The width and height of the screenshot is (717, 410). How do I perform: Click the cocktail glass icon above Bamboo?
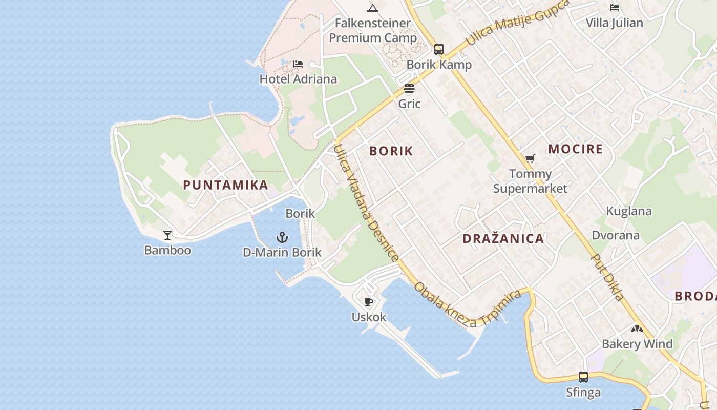click(x=167, y=235)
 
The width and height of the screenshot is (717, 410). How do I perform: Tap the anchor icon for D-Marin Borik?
click(x=282, y=237)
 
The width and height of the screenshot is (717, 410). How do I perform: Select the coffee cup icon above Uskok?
click(x=368, y=302)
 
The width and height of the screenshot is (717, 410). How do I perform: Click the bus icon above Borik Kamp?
click(x=439, y=49)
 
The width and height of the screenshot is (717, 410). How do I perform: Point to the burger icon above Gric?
click(x=409, y=89)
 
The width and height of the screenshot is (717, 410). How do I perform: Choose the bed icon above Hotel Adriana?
click(x=298, y=64)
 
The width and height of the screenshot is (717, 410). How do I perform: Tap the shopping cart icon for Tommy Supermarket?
click(x=530, y=159)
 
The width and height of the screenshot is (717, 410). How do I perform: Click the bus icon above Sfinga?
click(x=583, y=377)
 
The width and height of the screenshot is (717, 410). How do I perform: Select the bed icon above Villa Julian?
click(x=614, y=8)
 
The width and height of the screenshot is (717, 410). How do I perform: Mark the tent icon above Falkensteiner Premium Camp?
click(x=372, y=8)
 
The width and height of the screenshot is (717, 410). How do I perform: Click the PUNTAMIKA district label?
click(x=225, y=185)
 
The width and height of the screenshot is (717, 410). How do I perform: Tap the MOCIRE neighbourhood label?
click(x=575, y=149)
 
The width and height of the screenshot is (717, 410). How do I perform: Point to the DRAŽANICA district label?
click(x=503, y=238)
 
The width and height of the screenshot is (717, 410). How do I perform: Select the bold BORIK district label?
click(x=391, y=151)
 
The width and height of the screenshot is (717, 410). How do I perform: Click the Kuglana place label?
click(x=629, y=211)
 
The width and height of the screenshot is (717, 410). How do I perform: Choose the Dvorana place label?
click(x=616, y=235)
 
